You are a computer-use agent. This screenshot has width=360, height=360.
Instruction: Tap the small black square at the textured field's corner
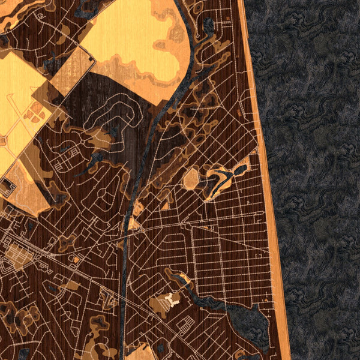point(92,59)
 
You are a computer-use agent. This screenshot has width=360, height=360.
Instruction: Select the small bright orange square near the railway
point(76,259)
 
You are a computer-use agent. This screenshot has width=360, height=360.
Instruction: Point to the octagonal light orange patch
point(191,179)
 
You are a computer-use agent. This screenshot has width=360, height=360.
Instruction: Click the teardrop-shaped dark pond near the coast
point(240,170)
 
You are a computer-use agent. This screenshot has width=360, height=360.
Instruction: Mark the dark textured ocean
point(318,180)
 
